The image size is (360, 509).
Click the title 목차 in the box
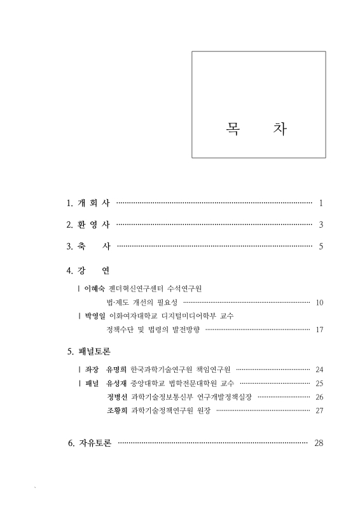256,128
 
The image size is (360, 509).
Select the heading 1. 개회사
88,204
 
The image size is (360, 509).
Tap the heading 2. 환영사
88,225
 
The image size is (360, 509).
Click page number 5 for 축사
322,246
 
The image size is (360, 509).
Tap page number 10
320,302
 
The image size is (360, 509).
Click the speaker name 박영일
94,316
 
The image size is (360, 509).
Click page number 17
320,330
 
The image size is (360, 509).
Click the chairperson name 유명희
116,369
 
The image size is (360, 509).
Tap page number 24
320,370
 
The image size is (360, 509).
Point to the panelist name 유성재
116,383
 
